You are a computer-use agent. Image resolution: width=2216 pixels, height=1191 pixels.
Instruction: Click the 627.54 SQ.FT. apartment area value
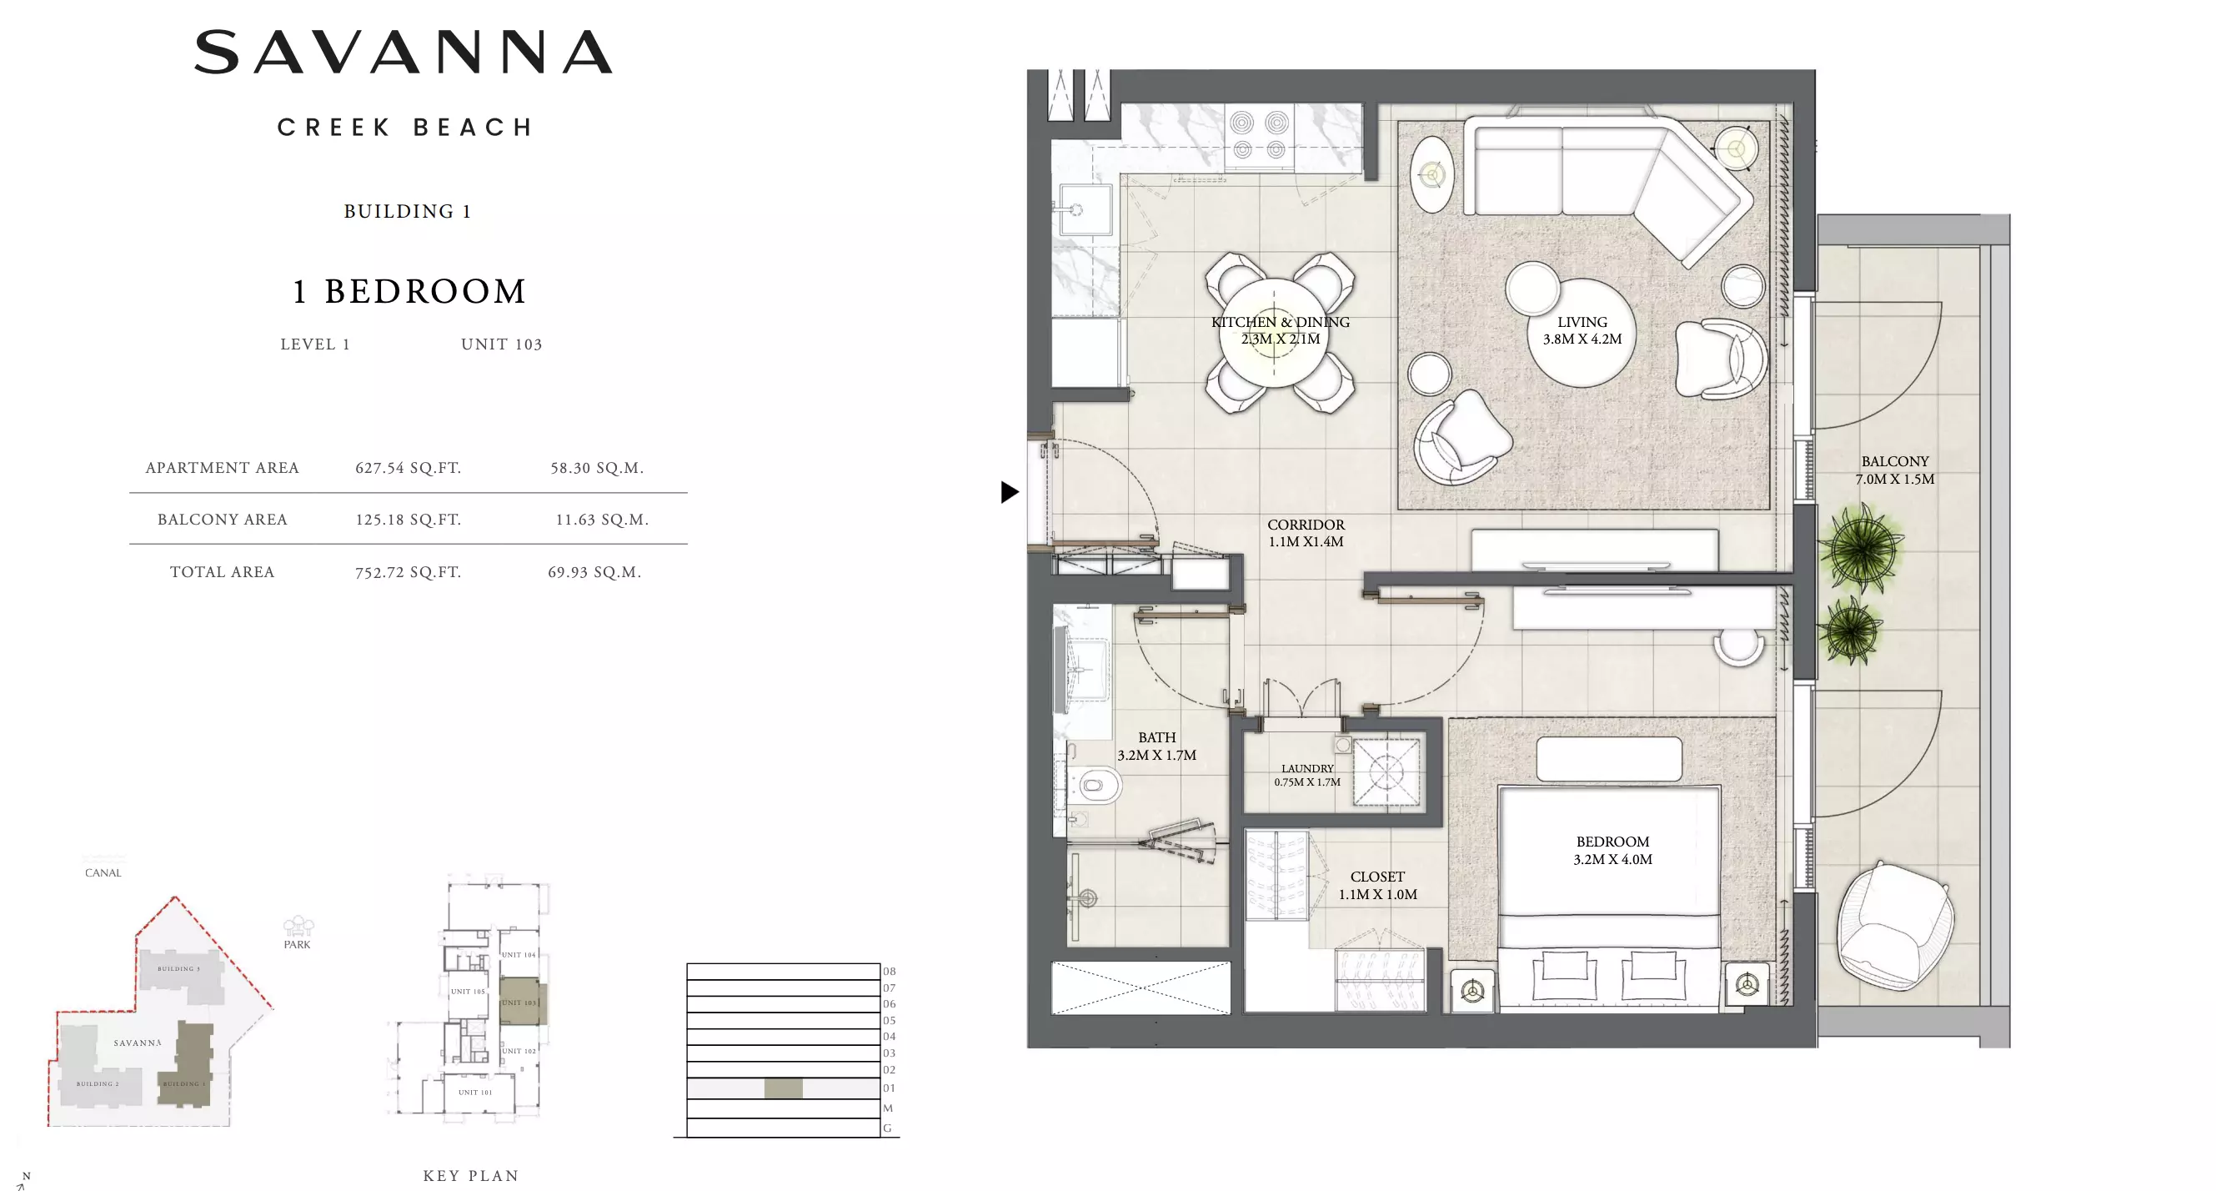tap(408, 468)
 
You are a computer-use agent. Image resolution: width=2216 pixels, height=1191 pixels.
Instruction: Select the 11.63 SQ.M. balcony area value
tap(601, 520)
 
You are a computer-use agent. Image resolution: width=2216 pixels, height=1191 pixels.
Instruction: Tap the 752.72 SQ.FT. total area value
tap(408, 572)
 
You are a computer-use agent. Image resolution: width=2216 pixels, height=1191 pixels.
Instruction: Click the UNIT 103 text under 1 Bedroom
tap(502, 344)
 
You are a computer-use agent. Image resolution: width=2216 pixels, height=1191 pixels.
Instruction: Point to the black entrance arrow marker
tap(1009, 492)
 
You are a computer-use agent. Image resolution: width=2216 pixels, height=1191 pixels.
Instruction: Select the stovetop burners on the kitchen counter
tap(1259, 135)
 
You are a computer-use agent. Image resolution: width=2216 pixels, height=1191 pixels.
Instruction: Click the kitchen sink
tap(1084, 209)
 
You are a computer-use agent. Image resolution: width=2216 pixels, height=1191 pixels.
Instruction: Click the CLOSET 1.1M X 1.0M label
tap(1377, 886)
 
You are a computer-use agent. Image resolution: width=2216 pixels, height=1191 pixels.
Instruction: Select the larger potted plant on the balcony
tap(1862, 549)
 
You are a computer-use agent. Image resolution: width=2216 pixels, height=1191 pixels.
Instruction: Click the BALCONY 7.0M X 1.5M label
tap(1894, 470)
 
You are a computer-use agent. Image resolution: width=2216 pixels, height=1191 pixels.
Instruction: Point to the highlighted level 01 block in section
tap(783, 1088)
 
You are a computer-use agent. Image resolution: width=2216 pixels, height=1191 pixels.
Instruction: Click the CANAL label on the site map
tap(103, 872)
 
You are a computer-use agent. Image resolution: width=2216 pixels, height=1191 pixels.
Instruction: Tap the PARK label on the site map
tap(297, 944)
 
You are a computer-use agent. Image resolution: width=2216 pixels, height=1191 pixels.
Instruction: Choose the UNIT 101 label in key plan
tap(475, 1092)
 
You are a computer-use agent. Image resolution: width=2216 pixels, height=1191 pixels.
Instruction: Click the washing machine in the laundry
tap(1386, 772)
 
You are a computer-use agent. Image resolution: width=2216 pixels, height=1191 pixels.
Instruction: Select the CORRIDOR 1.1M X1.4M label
tap(1305, 533)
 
